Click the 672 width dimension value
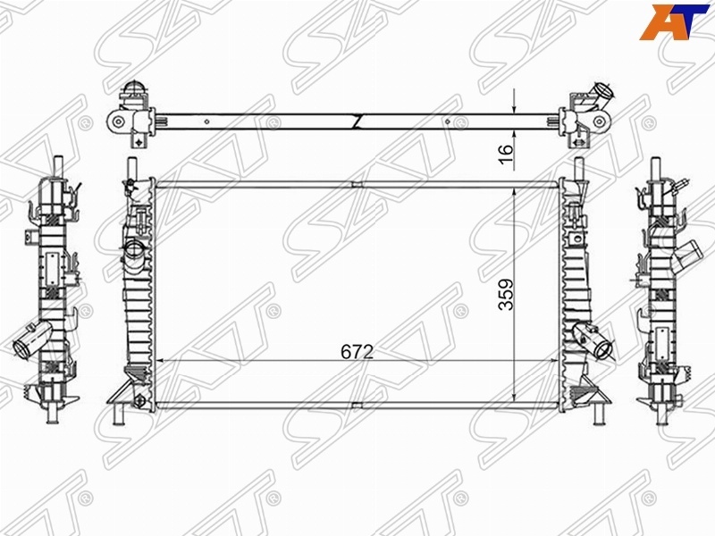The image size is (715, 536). (357, 351)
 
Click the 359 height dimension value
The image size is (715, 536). (506, 295)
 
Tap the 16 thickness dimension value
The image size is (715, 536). (506, 154)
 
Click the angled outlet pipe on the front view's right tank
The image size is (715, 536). (593, 339)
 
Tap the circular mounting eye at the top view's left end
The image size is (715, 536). (119, 121)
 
